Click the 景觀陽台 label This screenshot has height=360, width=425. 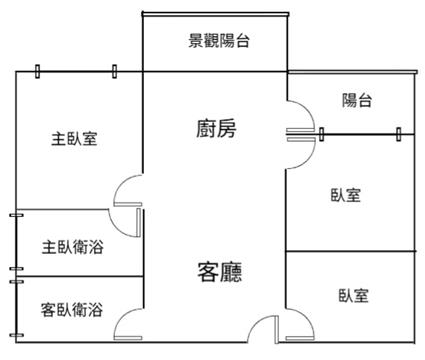pyautogui.click(x=219, y=41)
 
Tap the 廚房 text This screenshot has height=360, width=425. pyautogui.click(x=216, y=129)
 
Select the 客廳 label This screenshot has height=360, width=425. pyautogui.click(x=220, y=272)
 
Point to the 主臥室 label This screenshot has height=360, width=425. pyautogui.click(x=74, y=139)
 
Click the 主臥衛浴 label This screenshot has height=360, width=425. pyautogui.click(x=73, y=247)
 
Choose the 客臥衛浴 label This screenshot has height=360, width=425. pyautogui.click(x=72, y=310)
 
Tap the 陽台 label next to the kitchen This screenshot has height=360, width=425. pyautogui.click(x=357, y=100)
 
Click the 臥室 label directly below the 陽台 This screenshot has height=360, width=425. pyautogui.click(x=346, y=195)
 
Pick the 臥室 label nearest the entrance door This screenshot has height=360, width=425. pyautogui.click(x=354, y=295)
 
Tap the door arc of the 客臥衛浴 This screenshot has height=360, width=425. pyautogui.click(x=121, y=317)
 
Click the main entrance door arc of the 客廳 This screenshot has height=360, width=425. pyautogui.click(x=256, y=323)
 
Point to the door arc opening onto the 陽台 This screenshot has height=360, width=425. pyautogui.click(x=308, y=109)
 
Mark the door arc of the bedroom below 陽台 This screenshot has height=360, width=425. pyautogui.click(x=308, y=158)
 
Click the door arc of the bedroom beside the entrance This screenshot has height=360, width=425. pyautogui.click(x=306, y=317)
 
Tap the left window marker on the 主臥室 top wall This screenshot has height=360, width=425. pyautogui.click(x=38, y=72)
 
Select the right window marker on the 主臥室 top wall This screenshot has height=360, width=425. pyautogui.click(x=114, y=72)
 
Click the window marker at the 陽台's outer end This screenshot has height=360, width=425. pyautogui.click(x=399, y=134)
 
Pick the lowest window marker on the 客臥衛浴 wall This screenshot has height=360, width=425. pyautogui.click(x=16, y=335)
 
